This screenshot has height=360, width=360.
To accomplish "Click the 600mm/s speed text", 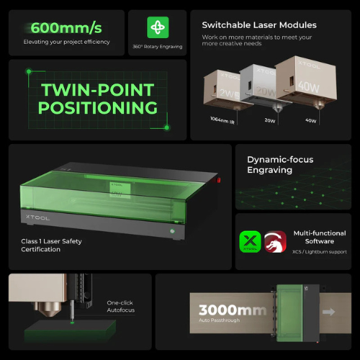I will coord(66,28).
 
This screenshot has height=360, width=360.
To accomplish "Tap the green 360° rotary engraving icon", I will coord(158,28).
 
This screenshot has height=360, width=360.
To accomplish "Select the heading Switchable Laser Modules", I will coord(258,25).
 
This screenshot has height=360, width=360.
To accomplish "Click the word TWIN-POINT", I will coord(98,91).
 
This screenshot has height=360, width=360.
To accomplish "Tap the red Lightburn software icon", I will coord(276,242).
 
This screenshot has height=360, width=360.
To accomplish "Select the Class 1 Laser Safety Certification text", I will coord(55,246).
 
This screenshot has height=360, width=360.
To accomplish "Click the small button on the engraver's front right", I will coord(172,232).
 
